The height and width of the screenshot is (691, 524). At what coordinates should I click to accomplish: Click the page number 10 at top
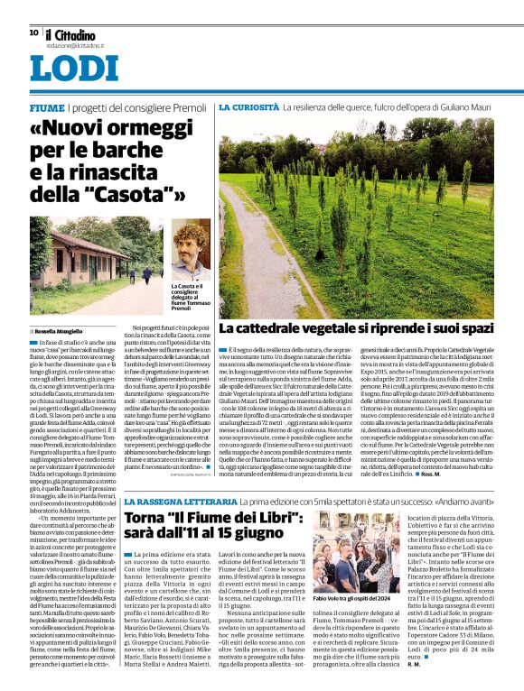(x=33, y=32)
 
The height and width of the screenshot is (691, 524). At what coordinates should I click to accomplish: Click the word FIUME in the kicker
(x=45, y=108)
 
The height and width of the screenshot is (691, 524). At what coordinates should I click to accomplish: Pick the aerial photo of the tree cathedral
(x=356, y=216)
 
